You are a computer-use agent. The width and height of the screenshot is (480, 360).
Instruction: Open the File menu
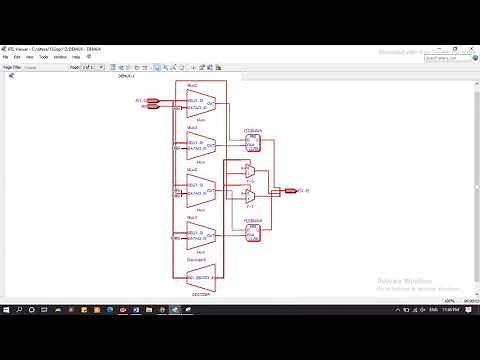click(x=8, y=57)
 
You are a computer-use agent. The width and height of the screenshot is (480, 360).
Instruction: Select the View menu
click(x=30, y=57)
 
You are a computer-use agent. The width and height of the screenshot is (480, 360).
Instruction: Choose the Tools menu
click(x=42, y=57)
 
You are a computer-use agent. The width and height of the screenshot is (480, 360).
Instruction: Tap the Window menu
click(x=57, y=57)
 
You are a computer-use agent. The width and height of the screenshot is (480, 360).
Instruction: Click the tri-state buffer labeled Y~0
click(x=248, y=171)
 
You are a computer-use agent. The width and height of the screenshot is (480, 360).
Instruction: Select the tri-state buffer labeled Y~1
click(x=248, y=195)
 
